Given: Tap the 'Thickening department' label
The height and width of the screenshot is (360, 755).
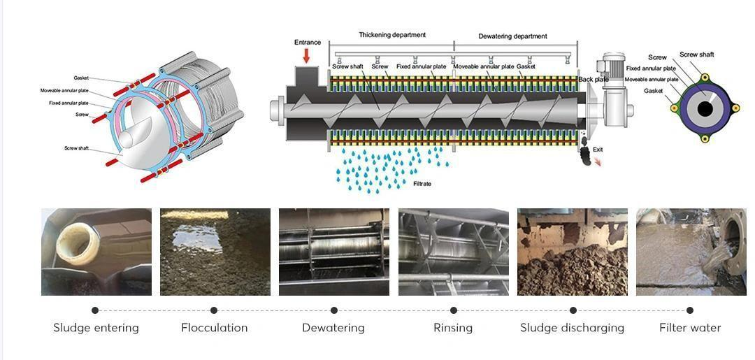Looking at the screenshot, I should coord(392,35).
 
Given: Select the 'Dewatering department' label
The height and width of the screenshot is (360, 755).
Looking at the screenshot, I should coord(512,36).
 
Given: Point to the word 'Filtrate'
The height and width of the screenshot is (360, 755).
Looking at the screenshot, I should coord(422,184).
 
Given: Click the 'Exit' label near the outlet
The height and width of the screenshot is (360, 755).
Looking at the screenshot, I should coord(598,150).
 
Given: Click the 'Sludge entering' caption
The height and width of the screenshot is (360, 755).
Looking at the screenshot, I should coord(96,328).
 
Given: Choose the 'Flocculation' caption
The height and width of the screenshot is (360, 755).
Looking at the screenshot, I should coord(214,328).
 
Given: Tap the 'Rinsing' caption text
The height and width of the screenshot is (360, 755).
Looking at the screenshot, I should coord(453,328).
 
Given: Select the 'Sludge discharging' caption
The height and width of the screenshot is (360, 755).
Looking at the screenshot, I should coord(572,328).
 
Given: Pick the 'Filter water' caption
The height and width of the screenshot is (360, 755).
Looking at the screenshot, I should coord(689,328).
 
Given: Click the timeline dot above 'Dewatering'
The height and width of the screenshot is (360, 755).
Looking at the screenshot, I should coord(334,310).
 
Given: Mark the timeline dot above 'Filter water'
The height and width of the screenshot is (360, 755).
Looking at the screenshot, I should coord(690,310).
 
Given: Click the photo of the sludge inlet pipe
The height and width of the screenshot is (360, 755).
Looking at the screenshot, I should coord(96,252).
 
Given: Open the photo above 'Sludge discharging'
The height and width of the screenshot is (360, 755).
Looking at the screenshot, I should coord(572,252).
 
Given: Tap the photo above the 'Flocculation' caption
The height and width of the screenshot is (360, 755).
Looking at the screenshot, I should coord(215,252).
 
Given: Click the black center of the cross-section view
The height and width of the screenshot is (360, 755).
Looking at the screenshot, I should coord(705,109).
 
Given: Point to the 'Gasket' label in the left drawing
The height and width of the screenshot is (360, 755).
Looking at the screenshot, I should coord(81,78).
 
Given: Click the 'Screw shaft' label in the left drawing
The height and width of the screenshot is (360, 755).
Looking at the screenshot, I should coord(76,148).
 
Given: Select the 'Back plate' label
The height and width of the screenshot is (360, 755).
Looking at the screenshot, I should coord(593,80).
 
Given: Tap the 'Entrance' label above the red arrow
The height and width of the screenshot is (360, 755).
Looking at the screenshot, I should coord(308,43).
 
